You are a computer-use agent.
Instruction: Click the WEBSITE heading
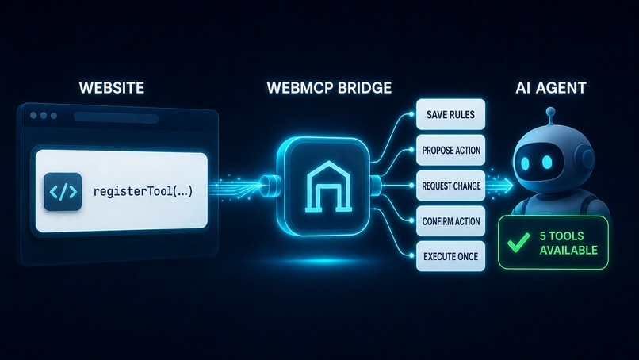point(111,88)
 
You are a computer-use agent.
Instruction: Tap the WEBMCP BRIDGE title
point(329,88)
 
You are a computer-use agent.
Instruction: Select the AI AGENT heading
point(550,88)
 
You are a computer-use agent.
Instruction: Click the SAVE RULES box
point(451,114)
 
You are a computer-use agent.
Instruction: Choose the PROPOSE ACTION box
point(451,150)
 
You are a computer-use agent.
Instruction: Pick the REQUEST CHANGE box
point(451,186)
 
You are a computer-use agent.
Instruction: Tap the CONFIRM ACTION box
point(451,221)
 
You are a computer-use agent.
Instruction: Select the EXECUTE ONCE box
point(451,256)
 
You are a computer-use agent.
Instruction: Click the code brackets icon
point(63,192)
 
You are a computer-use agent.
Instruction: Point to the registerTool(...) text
point(143,191)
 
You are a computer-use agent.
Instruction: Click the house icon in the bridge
point(328,186)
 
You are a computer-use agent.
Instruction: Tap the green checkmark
point(518,242)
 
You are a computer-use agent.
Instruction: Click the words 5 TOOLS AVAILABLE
point(568,243)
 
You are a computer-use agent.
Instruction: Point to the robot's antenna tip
point(550,111)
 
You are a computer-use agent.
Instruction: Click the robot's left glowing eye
point(525,163)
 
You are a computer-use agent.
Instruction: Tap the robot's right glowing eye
point(547,162)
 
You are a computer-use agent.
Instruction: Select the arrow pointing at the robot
point(499,185)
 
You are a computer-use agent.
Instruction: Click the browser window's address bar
point(116,118)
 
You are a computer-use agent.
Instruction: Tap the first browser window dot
point(33,116)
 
